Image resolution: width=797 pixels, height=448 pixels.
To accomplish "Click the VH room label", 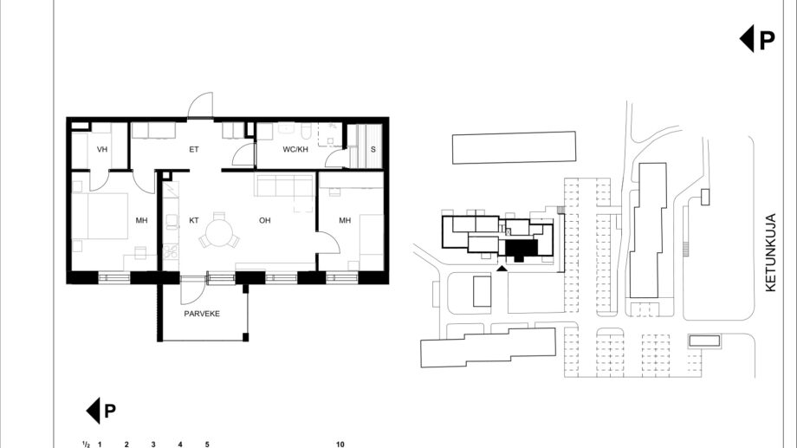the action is (x=102, y=150).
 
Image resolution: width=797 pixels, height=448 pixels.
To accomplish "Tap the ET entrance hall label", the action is (x=194, y=150).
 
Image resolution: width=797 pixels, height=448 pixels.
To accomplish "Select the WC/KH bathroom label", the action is (x=295, y=150).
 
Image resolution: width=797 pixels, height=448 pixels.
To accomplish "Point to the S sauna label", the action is (x=373, y=150).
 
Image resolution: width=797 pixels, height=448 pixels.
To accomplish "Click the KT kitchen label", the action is (x=194, y=220).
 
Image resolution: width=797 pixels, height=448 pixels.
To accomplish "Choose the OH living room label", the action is (x=265, y=220).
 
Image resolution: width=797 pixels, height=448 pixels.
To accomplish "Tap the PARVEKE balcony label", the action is (x=202, y=314).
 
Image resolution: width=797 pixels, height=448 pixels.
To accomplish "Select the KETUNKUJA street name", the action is (x=770, y=252).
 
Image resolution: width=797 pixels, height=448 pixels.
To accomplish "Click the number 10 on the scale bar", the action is (x=340, y=444).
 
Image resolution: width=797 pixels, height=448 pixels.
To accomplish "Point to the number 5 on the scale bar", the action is (x=207, y=444).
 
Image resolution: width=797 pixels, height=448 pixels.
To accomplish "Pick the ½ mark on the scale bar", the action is (x=86, y=444).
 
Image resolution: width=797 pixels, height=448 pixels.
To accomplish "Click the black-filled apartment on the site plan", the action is (x=521, y=250).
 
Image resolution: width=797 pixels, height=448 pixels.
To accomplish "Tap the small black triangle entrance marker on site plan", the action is (x=502, y=268).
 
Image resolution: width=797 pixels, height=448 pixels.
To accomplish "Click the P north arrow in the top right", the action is (x=757, y=39).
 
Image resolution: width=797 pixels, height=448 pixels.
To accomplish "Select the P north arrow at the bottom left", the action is (x=101, y=411).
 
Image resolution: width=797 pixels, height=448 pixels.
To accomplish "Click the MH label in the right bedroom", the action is (x=345, y=220).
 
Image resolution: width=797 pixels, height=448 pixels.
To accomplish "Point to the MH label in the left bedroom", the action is (x=141, y=220).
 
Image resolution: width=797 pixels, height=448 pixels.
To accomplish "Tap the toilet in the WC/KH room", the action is (x=306, y=132).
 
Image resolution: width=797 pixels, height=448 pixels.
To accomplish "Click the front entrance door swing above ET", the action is (x=200, y=105).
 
